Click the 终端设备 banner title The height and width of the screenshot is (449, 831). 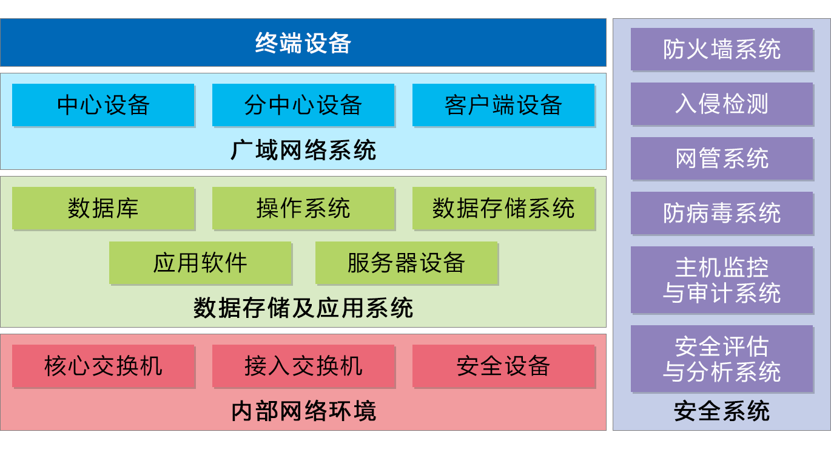tap(303, 43)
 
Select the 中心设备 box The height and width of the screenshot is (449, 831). tap(103, 105)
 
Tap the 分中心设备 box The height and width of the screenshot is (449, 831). tap(303, 105)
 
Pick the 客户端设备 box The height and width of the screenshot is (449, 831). tap(503, 105)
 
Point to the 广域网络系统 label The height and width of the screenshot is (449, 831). tap(303, 150)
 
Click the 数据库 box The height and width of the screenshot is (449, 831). tap(103, 208)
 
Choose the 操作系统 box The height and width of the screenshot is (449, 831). tap(303, 208)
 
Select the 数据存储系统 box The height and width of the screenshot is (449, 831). tap(503, 208)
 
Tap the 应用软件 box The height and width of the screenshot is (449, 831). tap(200, 263)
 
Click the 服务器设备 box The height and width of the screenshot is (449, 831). tap(406, 263)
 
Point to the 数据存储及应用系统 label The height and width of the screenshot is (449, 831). tap(303, 308)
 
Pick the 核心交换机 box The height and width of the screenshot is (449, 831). tap(103, 366)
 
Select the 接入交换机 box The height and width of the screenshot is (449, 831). tap(303, 366)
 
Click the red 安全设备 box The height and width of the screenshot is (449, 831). tap(503, 366)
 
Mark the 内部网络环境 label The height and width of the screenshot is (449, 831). tap(303, 411)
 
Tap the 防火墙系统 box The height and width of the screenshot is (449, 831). tap(722, 49)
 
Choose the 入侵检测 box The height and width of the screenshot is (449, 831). tap(722, 104)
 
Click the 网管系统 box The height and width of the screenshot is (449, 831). tap(722, 158)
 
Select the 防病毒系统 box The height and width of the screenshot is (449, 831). tap(722, 213)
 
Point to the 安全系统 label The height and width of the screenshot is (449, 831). tap(722, 411)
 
